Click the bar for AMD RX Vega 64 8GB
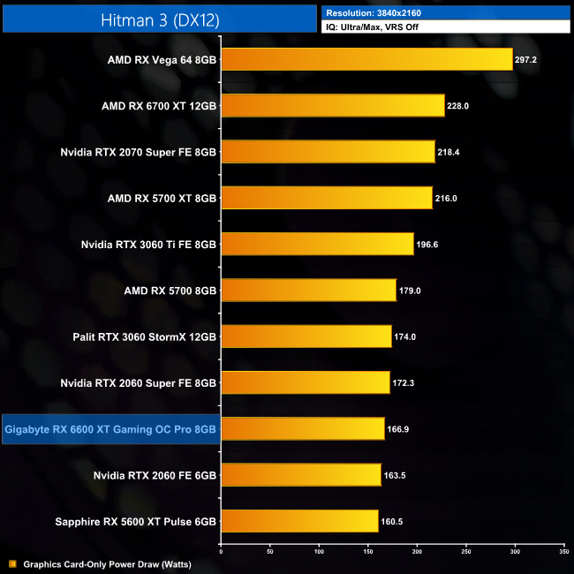point(366,59)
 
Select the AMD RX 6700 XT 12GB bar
point(332,106)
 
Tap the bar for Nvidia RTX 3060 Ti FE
point(317,244)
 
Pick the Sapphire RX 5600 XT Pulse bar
point(299,521)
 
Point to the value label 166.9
point(398,429)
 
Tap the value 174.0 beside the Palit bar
point(405,336)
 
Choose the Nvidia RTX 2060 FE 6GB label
point(155,476)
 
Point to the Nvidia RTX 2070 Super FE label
point(138,152)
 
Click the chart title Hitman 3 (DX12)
point(159,18)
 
